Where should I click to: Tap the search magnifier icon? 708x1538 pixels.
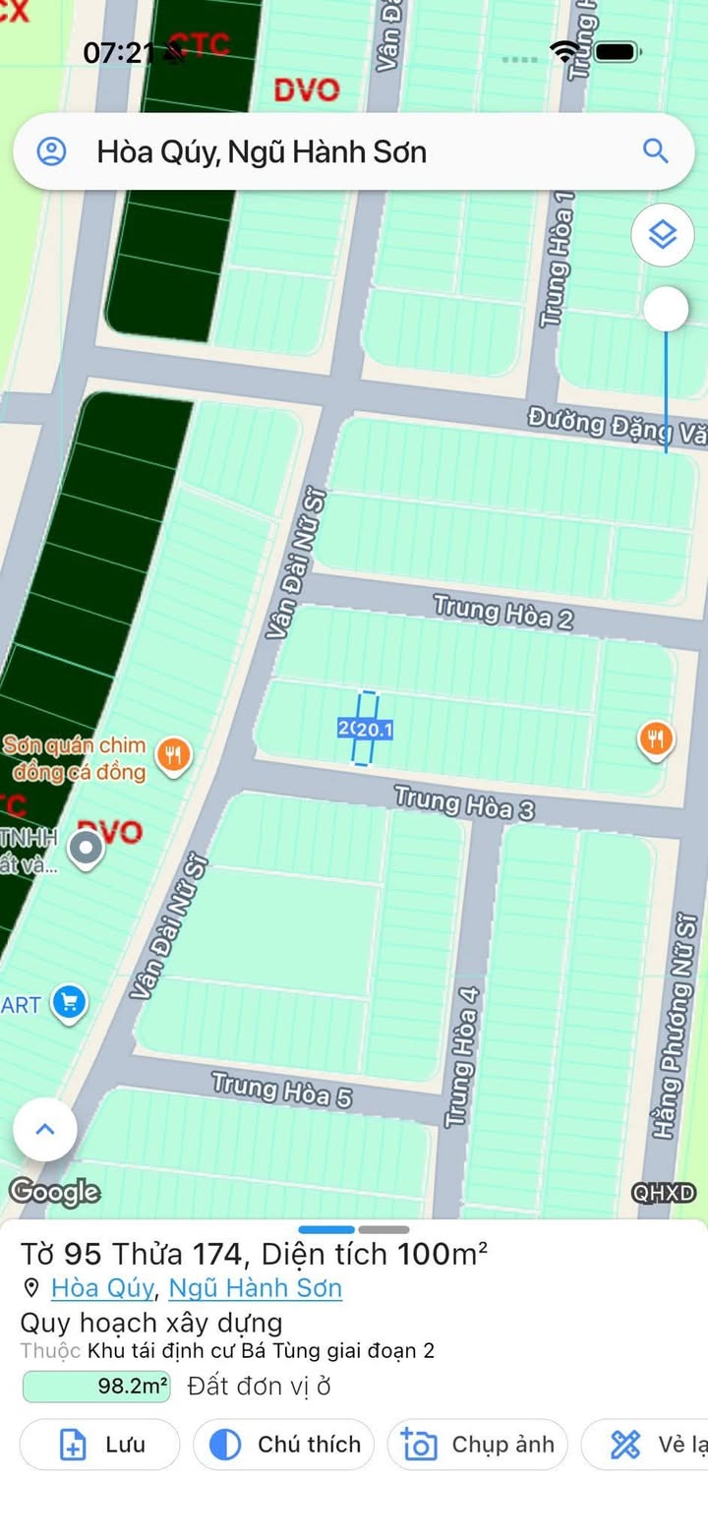coord(655,150)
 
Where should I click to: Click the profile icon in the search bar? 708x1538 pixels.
coord(51,151)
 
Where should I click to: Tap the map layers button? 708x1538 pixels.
coord(663,235)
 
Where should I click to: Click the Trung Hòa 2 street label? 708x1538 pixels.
coord(502,612)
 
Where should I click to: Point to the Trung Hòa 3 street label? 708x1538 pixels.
coord(464,802)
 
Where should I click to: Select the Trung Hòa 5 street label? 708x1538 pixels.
coord(281,1090)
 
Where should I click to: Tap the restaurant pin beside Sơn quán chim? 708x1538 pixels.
coord(174,755)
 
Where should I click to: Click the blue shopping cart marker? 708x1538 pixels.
coord(69,1003)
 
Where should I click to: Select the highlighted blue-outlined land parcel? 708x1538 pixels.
coord(366,728)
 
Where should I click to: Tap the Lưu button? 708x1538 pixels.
coord(100,1445)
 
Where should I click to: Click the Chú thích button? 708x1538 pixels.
coord(283,1445)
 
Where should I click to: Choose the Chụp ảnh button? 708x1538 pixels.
coord(477,1445)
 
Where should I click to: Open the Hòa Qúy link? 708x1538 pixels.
coord(102,1288)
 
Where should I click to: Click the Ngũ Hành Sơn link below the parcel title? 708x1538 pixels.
coord(256,1288)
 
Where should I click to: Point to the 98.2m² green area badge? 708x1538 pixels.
coord(96,1388)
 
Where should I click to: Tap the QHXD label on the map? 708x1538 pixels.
coord(664,1193)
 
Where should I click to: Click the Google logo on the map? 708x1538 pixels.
coord(55,1192)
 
